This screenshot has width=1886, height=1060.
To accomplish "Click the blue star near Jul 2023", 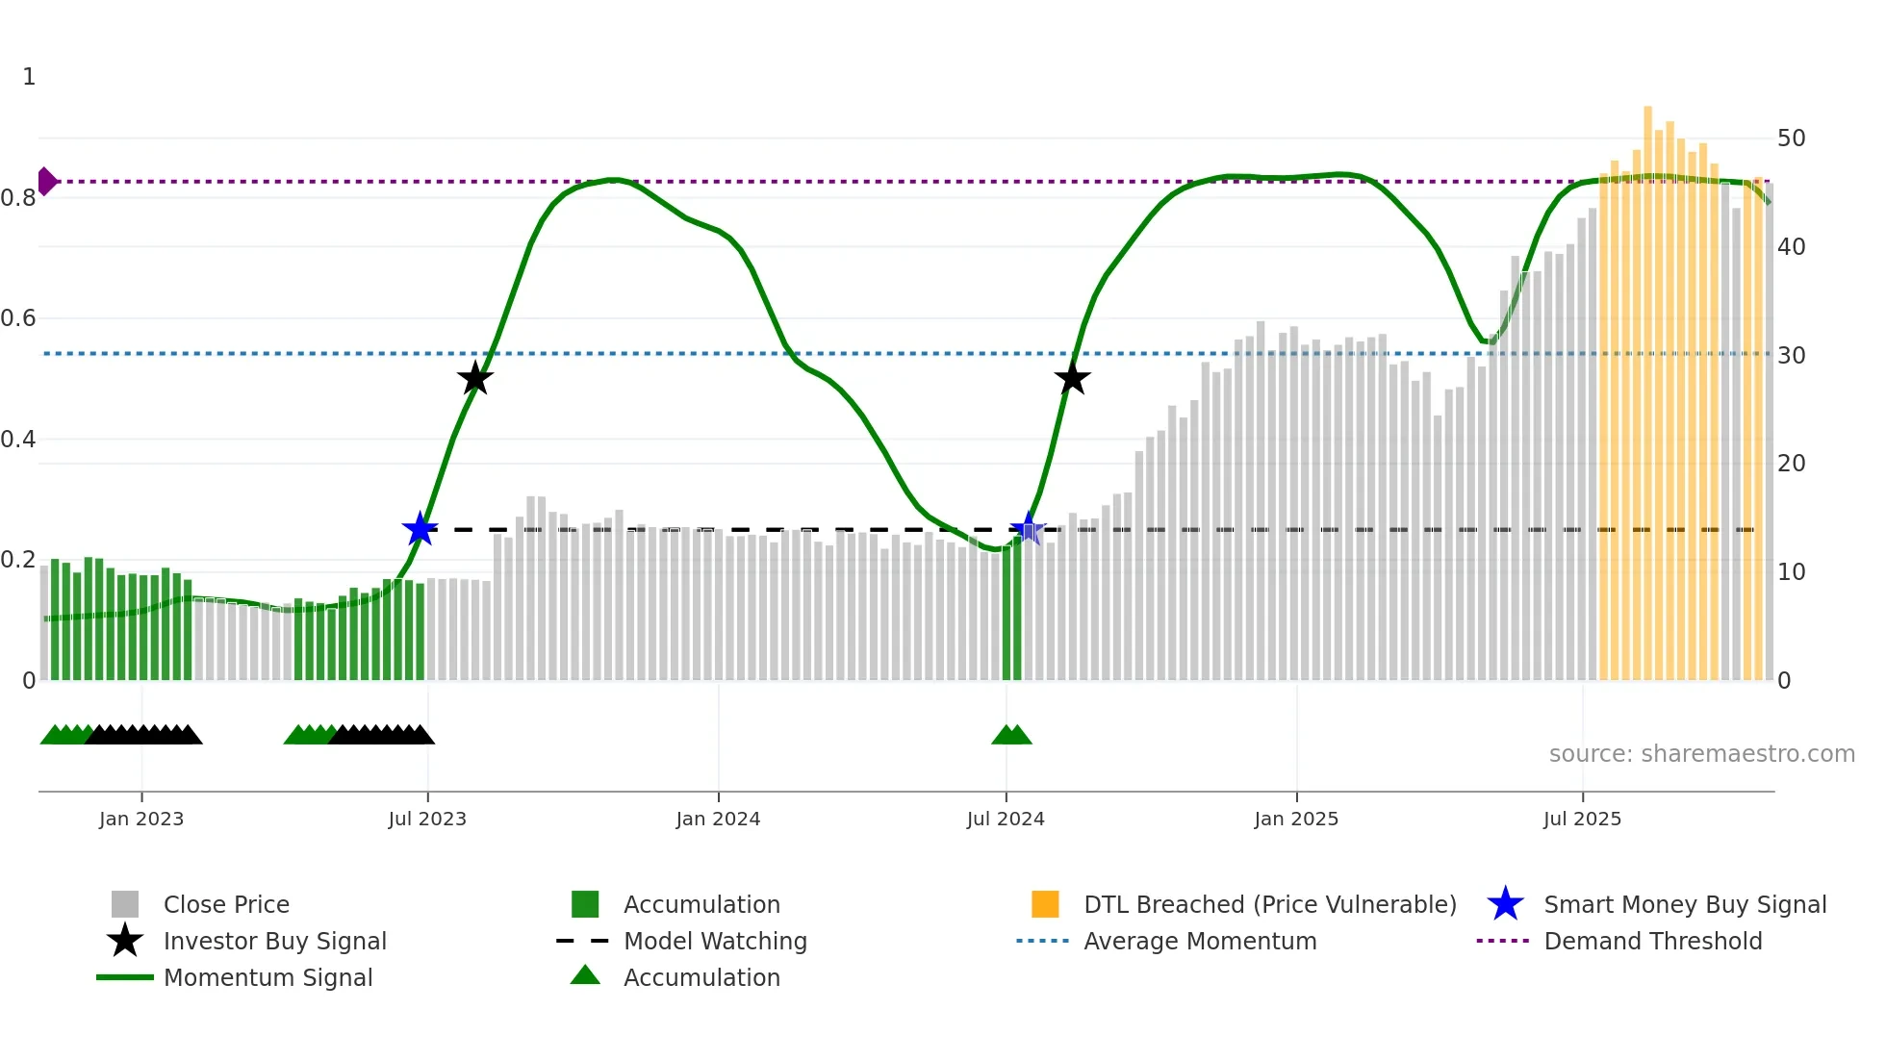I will (x=420, y=529).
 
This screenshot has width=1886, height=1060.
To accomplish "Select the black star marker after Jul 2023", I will (x=474, y=379).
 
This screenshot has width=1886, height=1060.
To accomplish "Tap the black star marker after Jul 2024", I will (x=1072, y=379).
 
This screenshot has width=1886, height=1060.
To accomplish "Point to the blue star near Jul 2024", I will (x=1028, y=529).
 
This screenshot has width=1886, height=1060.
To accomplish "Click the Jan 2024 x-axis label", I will (x=718, y=820).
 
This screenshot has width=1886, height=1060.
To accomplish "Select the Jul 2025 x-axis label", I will (x=1582, y=820).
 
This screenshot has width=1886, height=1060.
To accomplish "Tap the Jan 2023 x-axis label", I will (x=141, y=820).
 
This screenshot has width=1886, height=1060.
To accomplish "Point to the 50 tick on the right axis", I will (x=1791, y=139).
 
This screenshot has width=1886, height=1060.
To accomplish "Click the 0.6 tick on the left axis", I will (x=19, y=318).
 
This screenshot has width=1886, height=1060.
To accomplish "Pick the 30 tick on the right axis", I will (x=1791, y=356).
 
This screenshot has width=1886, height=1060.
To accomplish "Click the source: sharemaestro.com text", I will (x=1701, y=754).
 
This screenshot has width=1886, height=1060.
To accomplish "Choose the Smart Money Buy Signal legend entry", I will (x=1685, y=905).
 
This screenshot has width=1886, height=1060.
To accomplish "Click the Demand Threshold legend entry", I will (x=1652, y=942).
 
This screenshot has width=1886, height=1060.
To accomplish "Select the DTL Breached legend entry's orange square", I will (x=1045, y=904).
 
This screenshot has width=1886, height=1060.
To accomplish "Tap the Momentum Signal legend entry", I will (x=268, y=978).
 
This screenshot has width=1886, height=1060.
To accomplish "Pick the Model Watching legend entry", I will (x=715, y=942).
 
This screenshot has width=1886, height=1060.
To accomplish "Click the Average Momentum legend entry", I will (x=1200, y=942).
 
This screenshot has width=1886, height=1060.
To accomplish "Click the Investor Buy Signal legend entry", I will (x=274, y=942).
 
